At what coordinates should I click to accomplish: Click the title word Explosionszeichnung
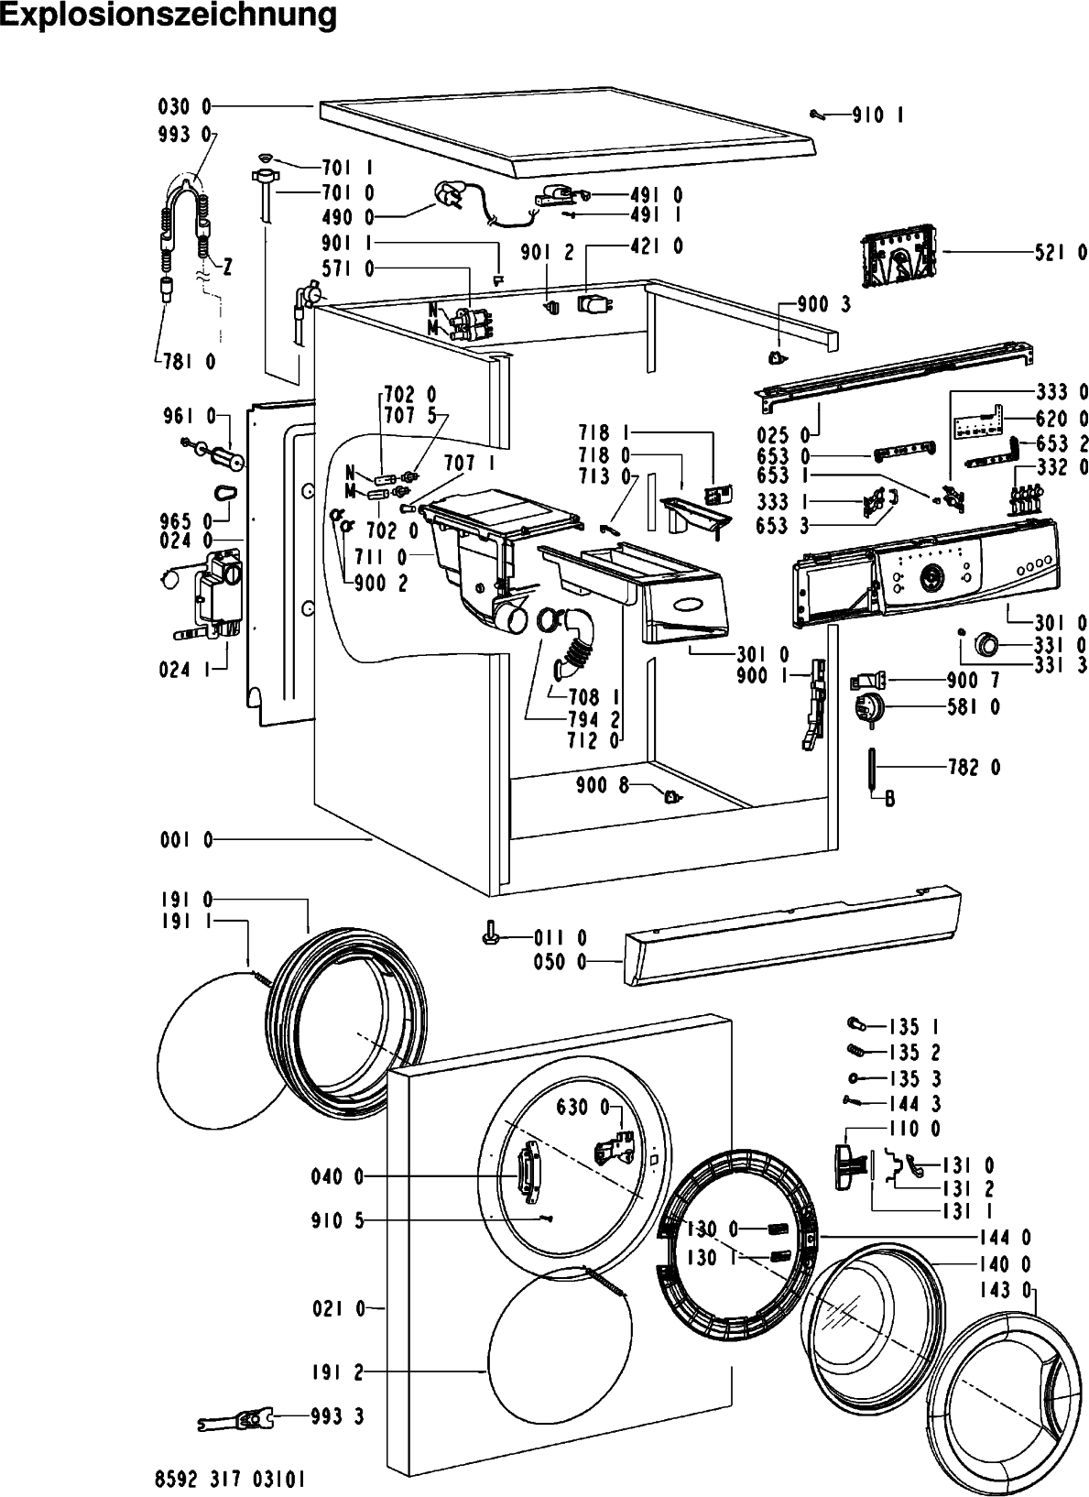(169, 16)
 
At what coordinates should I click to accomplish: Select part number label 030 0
(184, 106)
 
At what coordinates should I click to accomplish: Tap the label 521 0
(1062, 253)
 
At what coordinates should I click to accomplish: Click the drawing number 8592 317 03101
(230, 1479)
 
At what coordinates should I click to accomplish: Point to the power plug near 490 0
(446, 196)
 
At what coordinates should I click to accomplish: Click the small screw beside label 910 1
(819, 115)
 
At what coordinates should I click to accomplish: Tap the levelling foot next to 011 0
(490, 933)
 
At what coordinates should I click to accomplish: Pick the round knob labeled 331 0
(987, 645)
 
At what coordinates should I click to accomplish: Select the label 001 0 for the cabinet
(187, 839)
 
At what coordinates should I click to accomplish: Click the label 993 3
(337, 1416)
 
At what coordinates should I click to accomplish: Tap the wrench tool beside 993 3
(235, 1419)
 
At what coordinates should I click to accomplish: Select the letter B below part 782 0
(890, 798)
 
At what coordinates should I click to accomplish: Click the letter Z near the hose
(227, 268)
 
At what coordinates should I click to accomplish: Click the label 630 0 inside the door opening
(583, 1108)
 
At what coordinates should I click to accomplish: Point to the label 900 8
(603, 785)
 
